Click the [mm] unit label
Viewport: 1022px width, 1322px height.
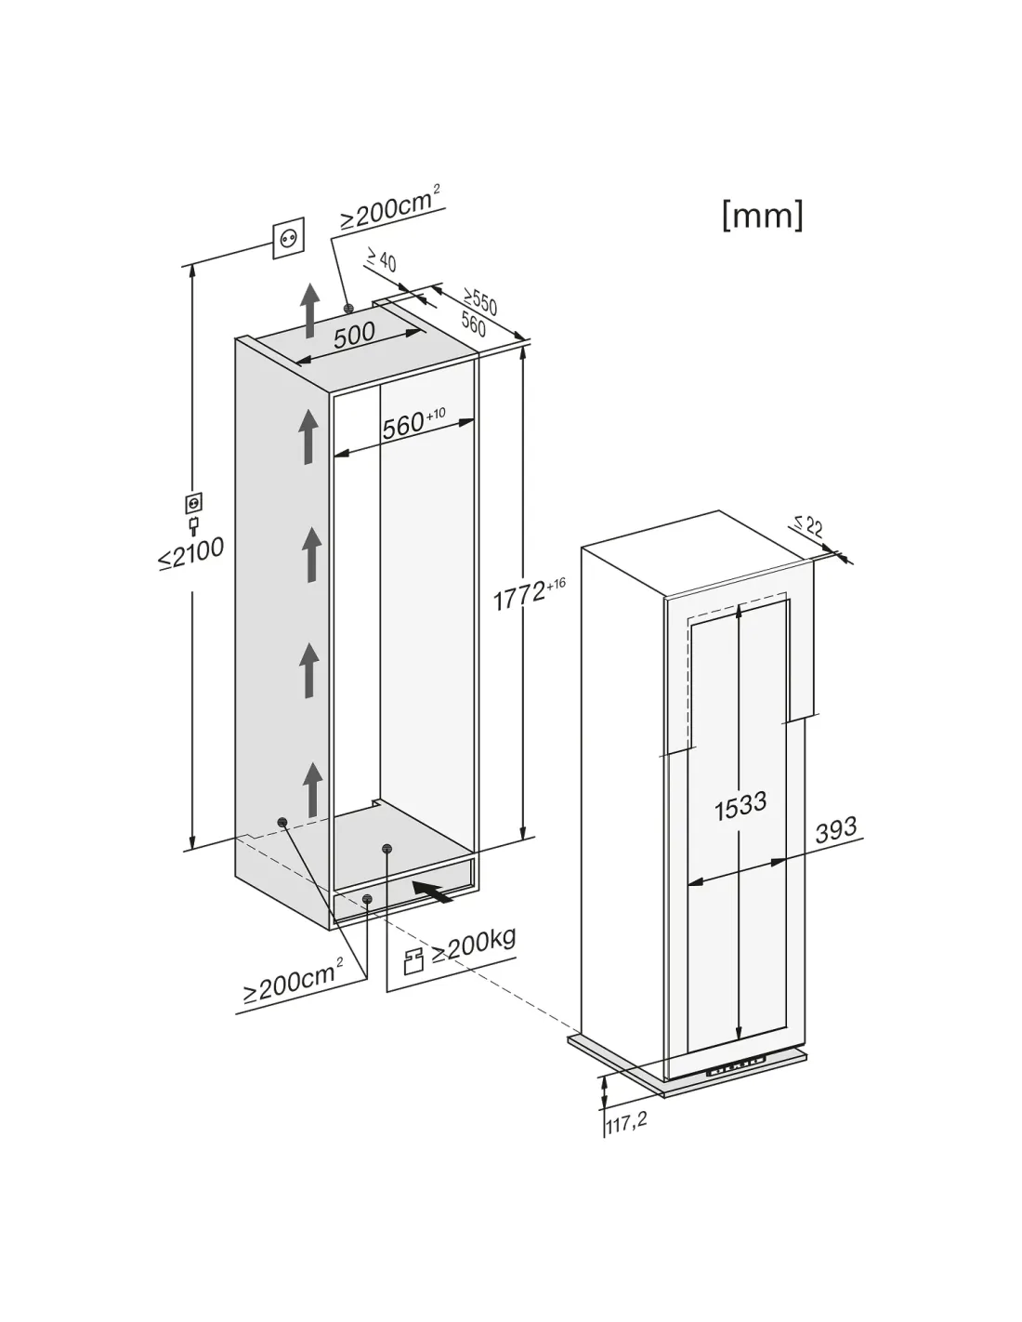coord(763,216)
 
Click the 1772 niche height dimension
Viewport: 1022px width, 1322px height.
coord(529,594)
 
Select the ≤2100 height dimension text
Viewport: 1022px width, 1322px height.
coord(190,553)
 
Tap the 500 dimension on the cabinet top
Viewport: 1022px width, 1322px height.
coord(354,335)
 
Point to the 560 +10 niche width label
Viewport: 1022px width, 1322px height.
coord(413,423)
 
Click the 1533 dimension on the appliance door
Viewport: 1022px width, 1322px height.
coord(740,806)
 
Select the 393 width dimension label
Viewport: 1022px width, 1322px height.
coord(836,829)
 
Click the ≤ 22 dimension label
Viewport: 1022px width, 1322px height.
coord(808,525)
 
